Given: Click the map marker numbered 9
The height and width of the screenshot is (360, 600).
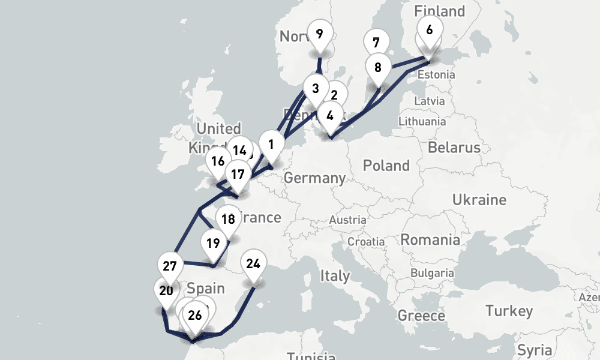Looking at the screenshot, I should coord(319,34).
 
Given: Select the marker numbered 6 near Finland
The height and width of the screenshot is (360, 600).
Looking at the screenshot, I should coord(429,29).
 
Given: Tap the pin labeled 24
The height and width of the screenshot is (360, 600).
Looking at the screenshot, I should coord(254,264).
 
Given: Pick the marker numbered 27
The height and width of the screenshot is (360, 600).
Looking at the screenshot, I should coord(170,266).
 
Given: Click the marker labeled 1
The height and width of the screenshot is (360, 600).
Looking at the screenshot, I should coord(271,145).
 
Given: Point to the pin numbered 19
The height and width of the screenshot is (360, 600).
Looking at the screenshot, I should coord(213,244).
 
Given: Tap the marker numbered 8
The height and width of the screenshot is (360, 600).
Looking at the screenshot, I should coord(377,67).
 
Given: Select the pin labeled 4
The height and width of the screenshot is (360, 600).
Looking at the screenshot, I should coord(330,115).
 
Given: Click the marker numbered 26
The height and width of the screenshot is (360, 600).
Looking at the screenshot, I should coord(194,315).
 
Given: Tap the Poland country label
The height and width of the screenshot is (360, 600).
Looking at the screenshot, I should coord(386,166).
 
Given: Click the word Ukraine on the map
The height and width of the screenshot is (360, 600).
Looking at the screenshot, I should coord(479,200).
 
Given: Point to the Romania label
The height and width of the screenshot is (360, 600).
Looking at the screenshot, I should coord(430,240).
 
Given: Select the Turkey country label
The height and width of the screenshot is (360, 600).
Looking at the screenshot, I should coord(509,311).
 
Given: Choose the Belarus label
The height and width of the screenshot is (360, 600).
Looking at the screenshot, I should coord(454,148).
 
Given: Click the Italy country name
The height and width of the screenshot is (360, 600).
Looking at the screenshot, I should coord(334,276).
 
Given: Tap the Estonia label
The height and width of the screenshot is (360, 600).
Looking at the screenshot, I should coord(436,75).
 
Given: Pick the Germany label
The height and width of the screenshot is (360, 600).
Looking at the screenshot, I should coord(314,178).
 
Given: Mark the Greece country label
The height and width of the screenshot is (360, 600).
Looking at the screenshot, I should coord(421,316).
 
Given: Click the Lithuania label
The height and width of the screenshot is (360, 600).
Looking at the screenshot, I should coord(422,121).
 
